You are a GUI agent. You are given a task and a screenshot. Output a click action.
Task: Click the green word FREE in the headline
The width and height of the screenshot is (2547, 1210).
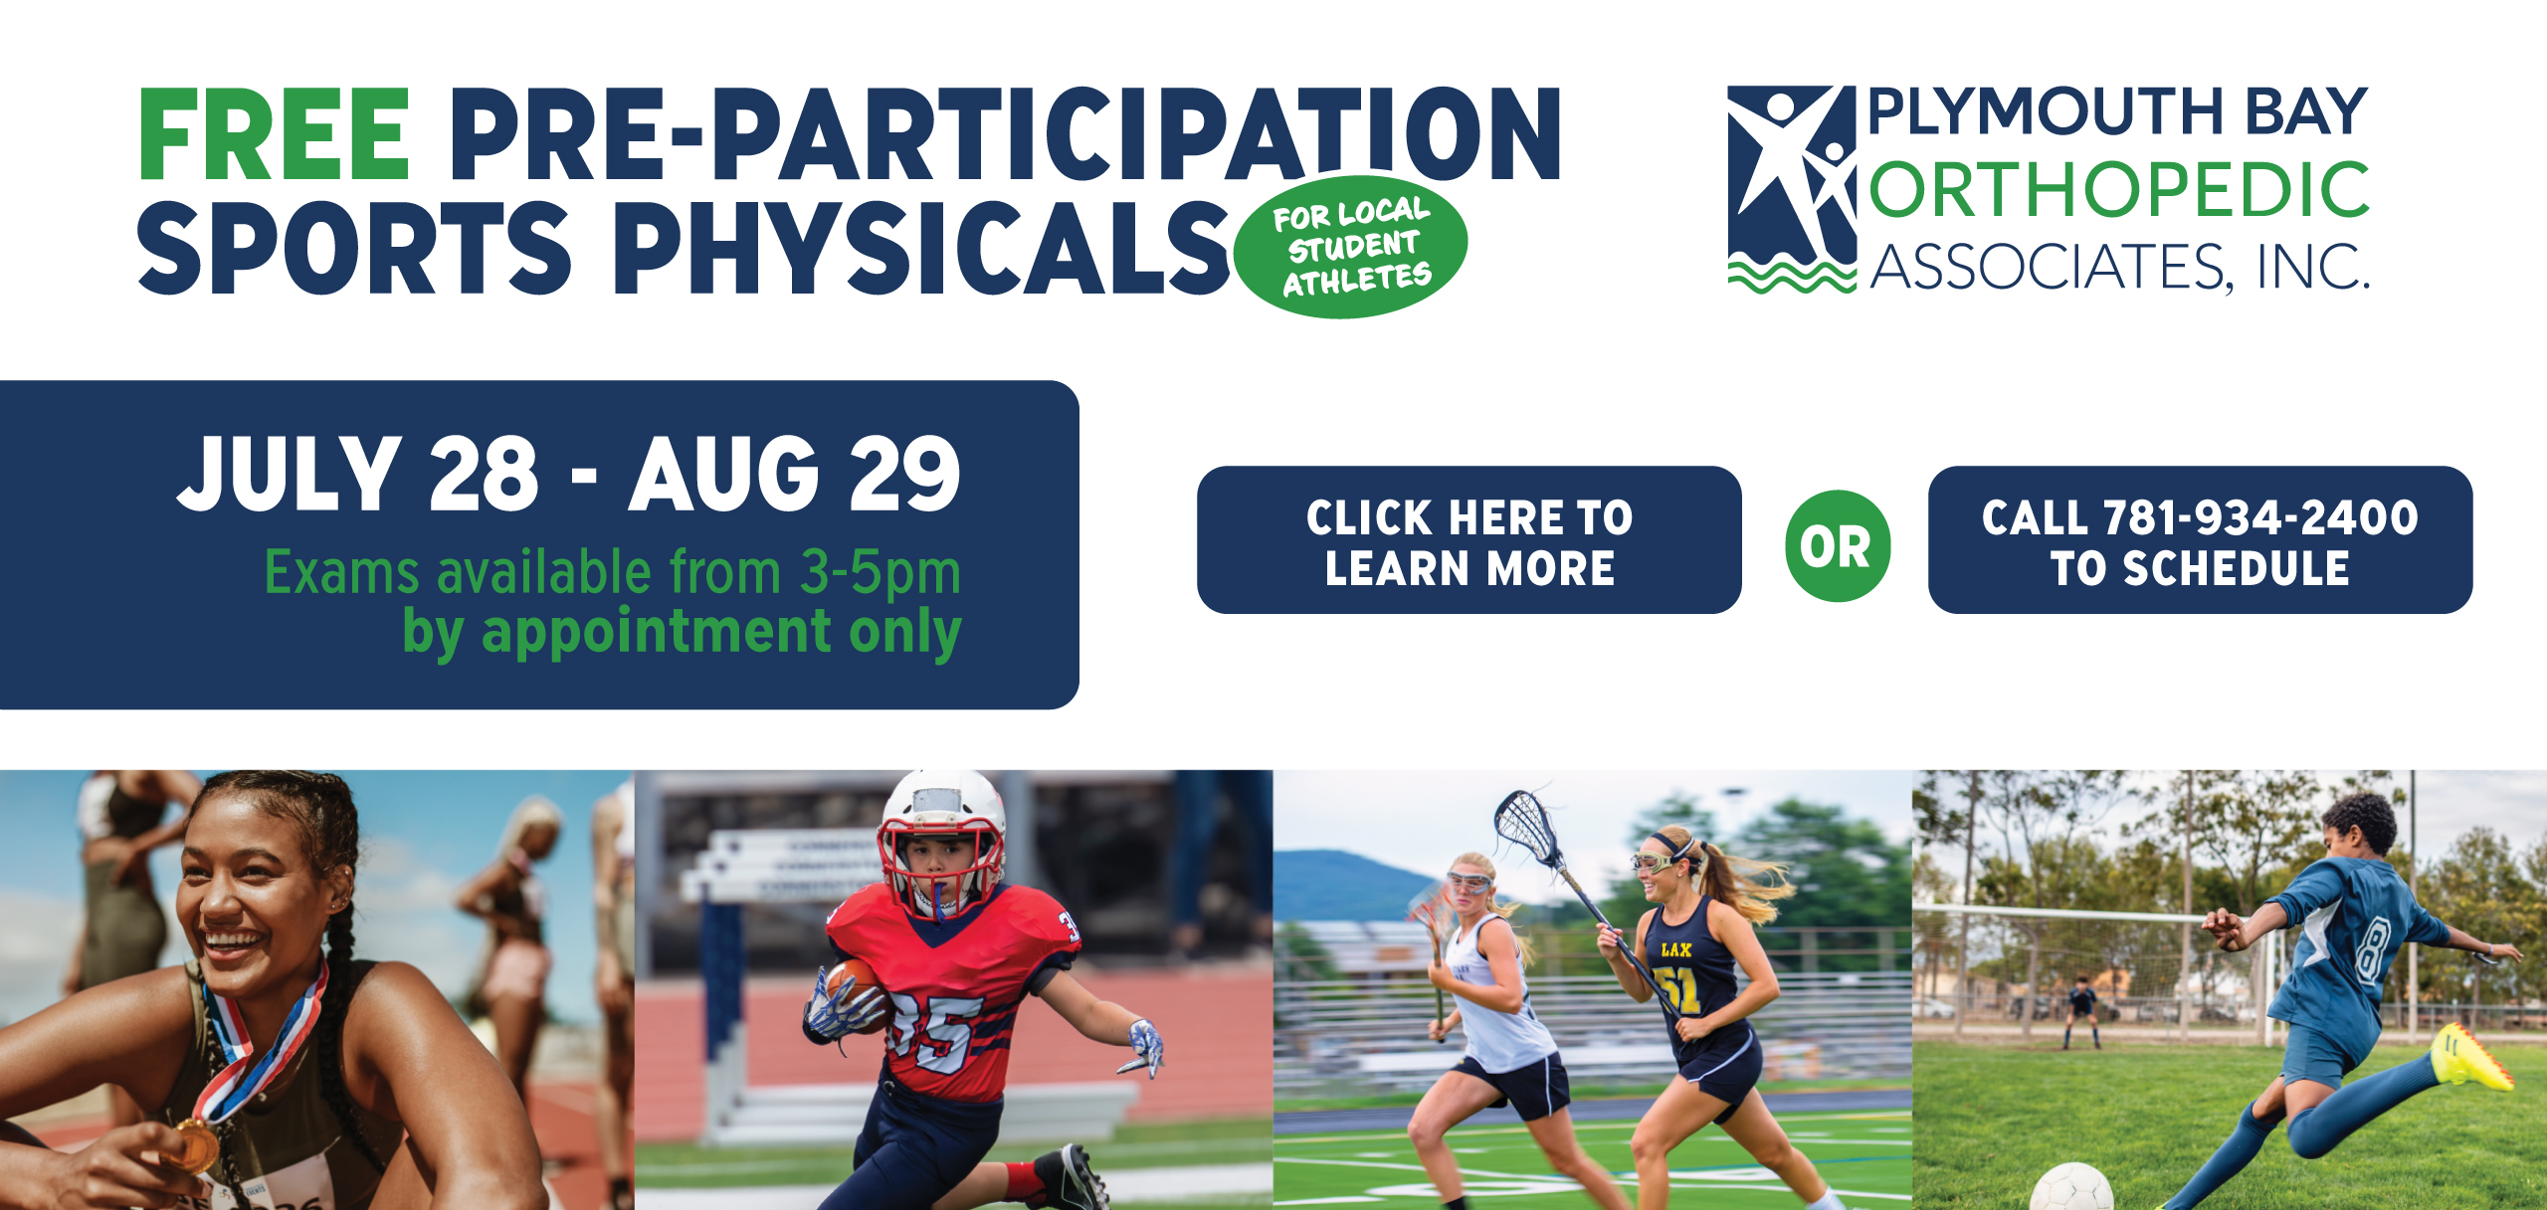pyautogui.click(x=274, y=134)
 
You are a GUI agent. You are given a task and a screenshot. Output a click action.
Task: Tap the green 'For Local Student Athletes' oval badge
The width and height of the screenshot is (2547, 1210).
pyautogui.click(x=1351, y=247)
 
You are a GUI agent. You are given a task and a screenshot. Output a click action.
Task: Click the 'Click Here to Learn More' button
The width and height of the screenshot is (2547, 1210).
pyautogui.click(x=1469, y=540)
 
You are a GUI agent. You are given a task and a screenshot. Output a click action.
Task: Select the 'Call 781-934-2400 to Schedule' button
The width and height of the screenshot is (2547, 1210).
pyautogui.click(x=2200, y=540)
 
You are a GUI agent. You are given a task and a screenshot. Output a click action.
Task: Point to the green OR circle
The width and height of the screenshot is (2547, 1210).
pyautogui.click(x=1838, y=545)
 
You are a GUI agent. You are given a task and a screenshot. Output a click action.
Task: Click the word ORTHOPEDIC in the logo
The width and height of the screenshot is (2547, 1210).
pyautogui.click(x=2119, y=190)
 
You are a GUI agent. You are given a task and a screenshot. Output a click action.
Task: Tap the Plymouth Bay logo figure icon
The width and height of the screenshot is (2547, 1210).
pyautogui.click(x=1792, y=189)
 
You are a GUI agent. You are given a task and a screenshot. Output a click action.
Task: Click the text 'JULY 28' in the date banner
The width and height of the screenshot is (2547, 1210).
pyautogui.click(x=359, y=474)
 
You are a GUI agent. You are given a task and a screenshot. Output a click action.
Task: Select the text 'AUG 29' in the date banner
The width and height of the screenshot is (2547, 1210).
pyautogui.click(x=795, y=474)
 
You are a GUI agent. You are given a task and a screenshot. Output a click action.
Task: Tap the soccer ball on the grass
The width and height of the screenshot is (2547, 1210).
pyautogui.click(x=2072, y=1188)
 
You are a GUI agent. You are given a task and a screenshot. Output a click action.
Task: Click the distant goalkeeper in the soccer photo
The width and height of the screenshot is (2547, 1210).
pyautogui.click(x=2081, y=1011)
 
